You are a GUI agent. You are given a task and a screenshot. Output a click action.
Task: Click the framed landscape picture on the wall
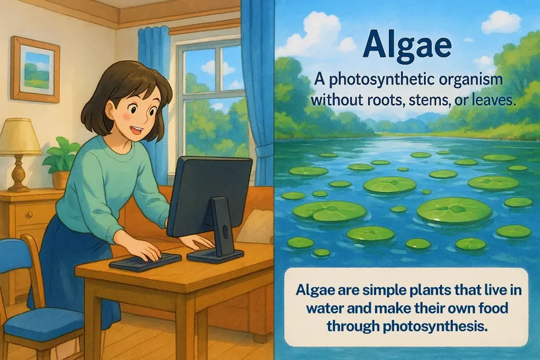point(34,69)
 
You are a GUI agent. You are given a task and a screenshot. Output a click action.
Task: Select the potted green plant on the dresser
point(62,158)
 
